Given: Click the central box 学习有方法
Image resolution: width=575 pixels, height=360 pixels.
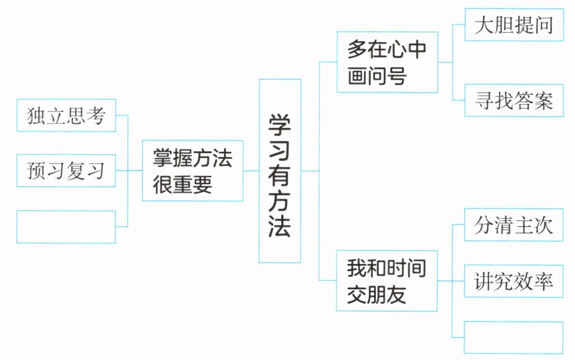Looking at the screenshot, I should [x=279, y=171].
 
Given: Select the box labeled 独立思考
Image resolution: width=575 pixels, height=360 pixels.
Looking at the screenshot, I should [x=66, y=115].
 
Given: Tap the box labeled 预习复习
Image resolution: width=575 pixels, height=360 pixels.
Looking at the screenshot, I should [x=66, y=171].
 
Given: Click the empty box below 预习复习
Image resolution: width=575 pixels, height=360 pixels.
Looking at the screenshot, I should [x=66, y=227].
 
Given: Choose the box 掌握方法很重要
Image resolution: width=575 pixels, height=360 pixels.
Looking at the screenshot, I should [x=192, y=171].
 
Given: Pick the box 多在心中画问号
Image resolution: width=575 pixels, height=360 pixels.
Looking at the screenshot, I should [x=387, y=62].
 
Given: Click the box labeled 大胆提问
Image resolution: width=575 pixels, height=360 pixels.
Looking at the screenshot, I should [x=514, y=25].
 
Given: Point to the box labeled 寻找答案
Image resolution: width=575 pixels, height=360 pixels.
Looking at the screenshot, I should [x=514, y=100].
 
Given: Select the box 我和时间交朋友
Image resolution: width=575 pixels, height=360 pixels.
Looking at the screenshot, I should [x=387, y=280].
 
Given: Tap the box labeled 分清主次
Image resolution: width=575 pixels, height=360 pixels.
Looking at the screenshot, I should [x=514, y=225].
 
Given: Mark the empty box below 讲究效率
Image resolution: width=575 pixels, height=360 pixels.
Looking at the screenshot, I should [x=514, y=337].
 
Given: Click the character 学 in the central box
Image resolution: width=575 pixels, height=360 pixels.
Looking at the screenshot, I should [x=280, y=124].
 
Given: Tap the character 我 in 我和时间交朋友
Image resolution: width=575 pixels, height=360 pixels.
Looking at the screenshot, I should [x=357, y=269].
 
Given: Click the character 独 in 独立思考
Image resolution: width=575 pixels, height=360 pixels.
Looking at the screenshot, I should [x=36, y=116].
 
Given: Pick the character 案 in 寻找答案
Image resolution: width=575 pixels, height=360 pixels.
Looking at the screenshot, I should [x=543, y=101].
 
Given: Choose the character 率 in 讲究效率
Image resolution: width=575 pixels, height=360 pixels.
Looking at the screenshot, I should [x=543, y=281].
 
